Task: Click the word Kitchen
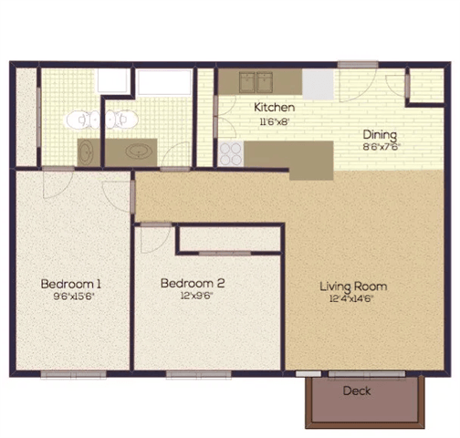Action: click(273, 107)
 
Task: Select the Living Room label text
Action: click(346, 286)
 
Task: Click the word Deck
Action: click(357, 391)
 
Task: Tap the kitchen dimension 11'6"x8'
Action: click(273, 120)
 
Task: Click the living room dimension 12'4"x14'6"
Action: click(346, 297)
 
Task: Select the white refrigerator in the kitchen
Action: click(318, 83)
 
